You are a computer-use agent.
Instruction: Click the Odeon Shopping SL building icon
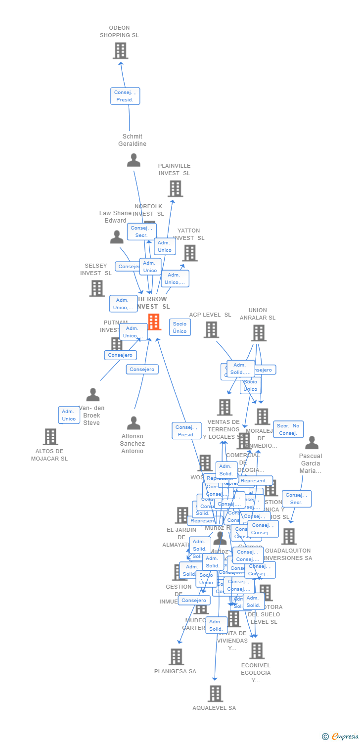pyautogui.click(x=120, y=50)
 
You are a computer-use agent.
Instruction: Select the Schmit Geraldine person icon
pyautogui.click(x=134, y=160)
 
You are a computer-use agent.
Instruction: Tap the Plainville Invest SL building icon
pyautogui.click(x=175, y=188)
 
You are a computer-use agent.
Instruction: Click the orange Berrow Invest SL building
pyautogui.click(x=154, y=322)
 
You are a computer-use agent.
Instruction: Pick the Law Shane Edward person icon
pyautogui.click(x=117, y=237)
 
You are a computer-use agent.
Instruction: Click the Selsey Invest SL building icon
pyautogui.click(x=97, y=288)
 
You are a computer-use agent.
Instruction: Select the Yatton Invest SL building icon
pyautogui.click(x=189, y=253)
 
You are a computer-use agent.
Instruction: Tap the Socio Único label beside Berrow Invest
pyautogui.click(x=180, y=327)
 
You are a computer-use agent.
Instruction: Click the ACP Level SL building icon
pyautogui.click(x=211, y=329)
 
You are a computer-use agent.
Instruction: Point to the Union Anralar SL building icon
pyautogui.click(x=258, y=333)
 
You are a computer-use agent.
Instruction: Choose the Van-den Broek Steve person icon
pyautogui.click(x=92, y=395)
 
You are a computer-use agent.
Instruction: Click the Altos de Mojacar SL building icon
pyautogui.click(x=50, y=437)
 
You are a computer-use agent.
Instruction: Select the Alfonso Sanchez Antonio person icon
pyautogui.click(x=134, y=423)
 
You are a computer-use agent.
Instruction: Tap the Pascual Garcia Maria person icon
pyautogui.click(x=312, y=443)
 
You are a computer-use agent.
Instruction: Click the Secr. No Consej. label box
pyautogui.click(x=288, y=429)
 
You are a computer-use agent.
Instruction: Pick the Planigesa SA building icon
pyautogui.click(x=176, y=657)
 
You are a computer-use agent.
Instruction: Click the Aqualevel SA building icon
pyautogui.click(x=215, y=694)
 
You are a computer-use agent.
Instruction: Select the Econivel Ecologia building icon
pyautogui.click(x=257, y=650)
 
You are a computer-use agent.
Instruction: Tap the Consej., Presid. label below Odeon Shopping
pyautogui.click(x=125, y=96)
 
